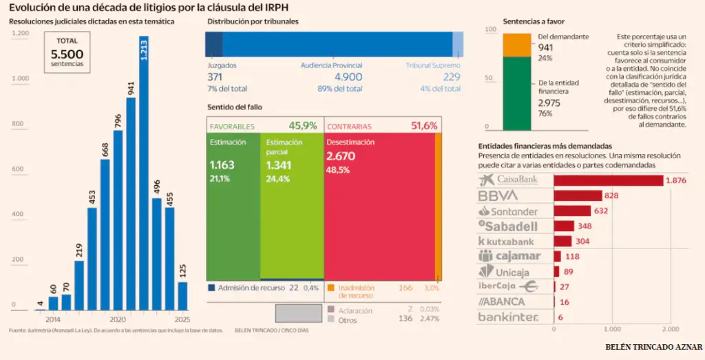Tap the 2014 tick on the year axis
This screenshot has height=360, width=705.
[x=52, y=320]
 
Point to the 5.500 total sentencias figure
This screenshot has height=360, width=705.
[x=67, y=54]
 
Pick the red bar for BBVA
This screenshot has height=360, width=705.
[x=578, y=195]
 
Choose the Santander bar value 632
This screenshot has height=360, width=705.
[x=601, y=211]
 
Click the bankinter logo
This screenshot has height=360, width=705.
[x=508, y=317]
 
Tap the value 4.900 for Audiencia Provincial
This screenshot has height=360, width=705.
[x=348, y=77]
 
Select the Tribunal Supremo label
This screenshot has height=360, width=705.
[x=432, y=65]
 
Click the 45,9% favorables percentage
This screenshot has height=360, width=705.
[x=303, y=126]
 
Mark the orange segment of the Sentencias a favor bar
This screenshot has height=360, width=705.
[x=516, y=45]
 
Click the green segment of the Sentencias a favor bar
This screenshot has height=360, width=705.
[x=516, y=94]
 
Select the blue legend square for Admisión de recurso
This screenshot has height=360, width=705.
[x=211, y=288]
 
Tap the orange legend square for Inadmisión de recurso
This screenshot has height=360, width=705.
[x=330, y=288]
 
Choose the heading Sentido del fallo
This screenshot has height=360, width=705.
[x=235, y=107]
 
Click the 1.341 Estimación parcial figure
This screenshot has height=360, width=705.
[x=280, y=165]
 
